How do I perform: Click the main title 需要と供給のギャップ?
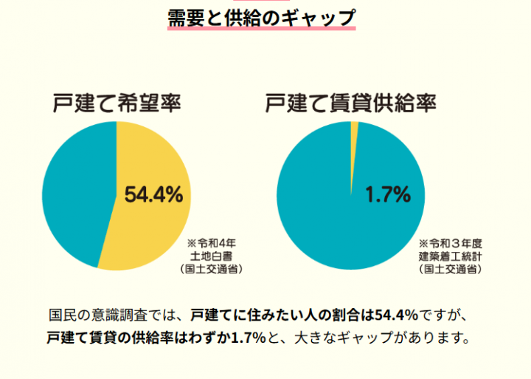point(262,16)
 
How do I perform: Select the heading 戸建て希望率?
point(117,103)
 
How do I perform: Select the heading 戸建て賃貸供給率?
point(350,103)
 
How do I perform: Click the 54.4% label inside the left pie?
point(153,194)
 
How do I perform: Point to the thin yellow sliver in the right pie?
point(354,129)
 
